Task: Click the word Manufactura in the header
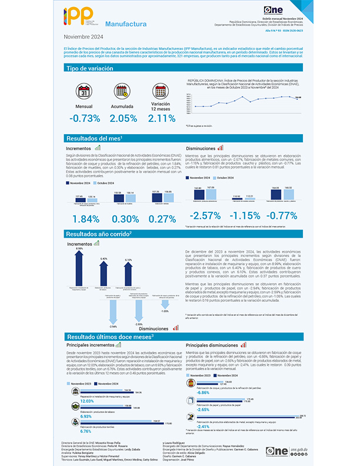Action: click(x=125, y=24)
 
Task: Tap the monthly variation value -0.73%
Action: click(x=84, y=118)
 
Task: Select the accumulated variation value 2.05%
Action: click(x=123, y=118)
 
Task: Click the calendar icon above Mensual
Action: click(x=84, y=92)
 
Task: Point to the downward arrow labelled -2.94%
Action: click(x=114, y=315)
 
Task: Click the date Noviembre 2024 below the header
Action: click(x=84, y=37)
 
